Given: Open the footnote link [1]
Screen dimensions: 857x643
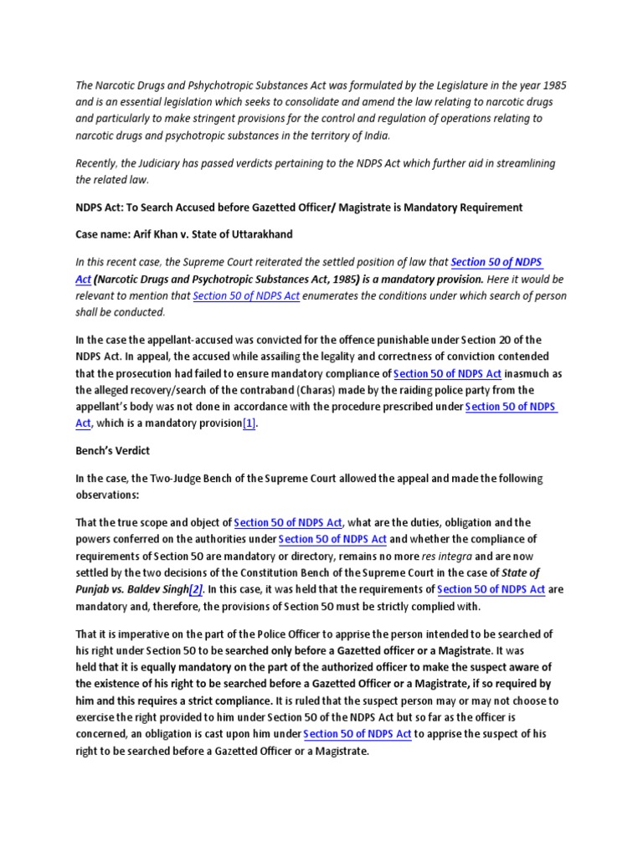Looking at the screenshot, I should (x=249, y=423).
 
